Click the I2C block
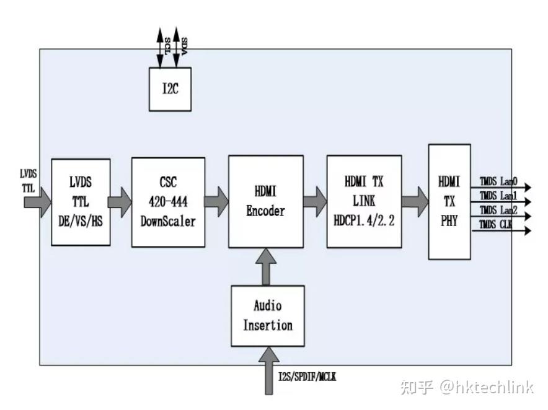(x=170, y=89)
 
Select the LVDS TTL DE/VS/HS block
(x=81, y=202)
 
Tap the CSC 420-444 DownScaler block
(x=168, y=202)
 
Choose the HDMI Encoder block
(x=265, y=202)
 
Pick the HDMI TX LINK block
(x=363, y=202)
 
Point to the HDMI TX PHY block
(x=449, y=201)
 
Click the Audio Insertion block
(x=267, y=315)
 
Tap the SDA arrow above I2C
(x=177, y=46)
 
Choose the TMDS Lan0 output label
(x=498, y=183)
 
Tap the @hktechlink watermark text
(x=486, y=388)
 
